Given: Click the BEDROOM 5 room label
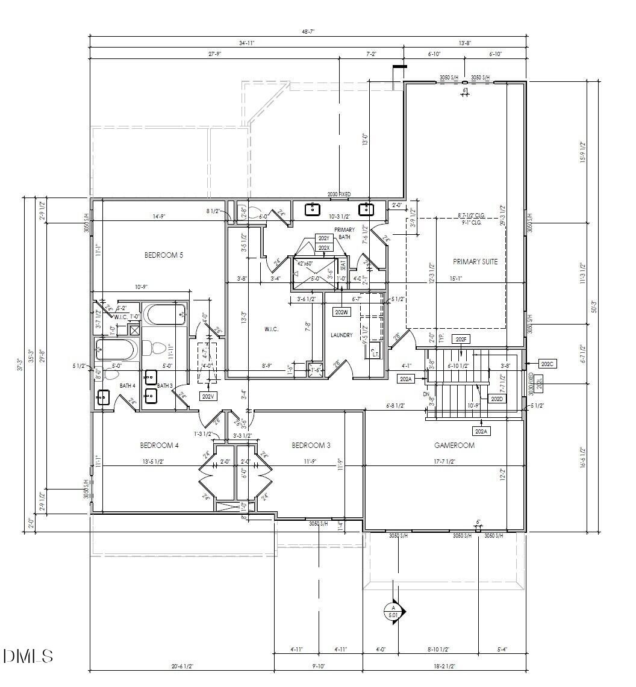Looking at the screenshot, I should point(164,255).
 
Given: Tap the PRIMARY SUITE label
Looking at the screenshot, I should point(475,261).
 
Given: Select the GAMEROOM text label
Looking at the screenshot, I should point(454,446).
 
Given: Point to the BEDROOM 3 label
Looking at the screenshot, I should point(311,446).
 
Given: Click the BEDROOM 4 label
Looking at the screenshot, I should point(160,446).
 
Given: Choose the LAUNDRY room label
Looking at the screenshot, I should point(341,335).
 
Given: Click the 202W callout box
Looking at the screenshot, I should point(341,312).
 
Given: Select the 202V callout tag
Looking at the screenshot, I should point(208,396).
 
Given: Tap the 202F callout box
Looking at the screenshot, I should point(461,340).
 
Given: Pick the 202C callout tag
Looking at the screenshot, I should point(547,364).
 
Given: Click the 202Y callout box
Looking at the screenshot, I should point(323,238).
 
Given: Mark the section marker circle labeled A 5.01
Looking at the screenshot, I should point(392,611).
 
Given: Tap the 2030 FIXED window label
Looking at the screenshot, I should point(338,194).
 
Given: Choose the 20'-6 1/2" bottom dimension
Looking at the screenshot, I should point(181,665).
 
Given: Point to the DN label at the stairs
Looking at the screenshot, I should point(426,395).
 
